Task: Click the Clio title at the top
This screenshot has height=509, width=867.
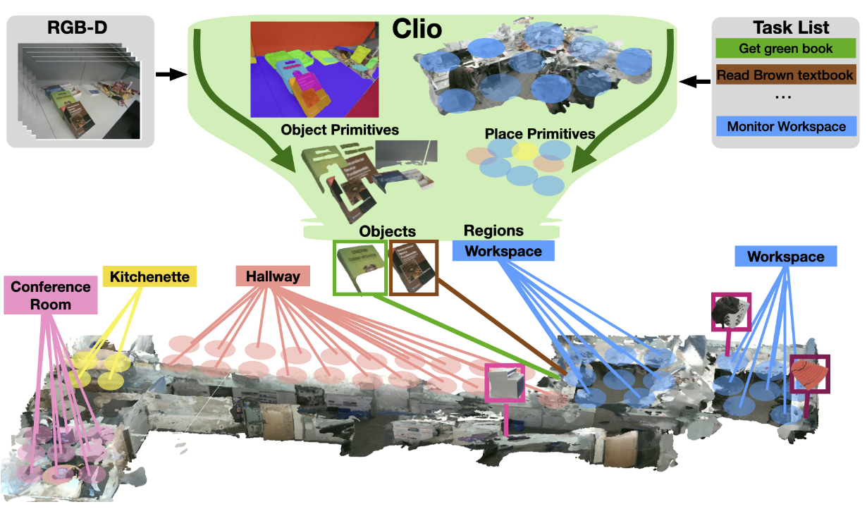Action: tap(417, 30)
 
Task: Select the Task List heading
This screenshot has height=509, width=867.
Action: tap(786, 27)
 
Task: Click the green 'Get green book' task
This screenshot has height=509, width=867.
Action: tap(786, 49)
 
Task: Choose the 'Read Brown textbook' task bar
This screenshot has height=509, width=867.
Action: tap(786, 74)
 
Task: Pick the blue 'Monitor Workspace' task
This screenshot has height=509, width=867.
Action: tap(786, 127)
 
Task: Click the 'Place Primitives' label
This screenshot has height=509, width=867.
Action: tap(540, 133)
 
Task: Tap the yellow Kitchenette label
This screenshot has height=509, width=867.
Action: tap(149, 277)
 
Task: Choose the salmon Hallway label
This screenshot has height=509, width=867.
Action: tap(273, 277)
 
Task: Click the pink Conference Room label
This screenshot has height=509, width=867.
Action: tap(51, 295)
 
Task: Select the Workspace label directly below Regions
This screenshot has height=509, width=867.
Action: tap(503, 251)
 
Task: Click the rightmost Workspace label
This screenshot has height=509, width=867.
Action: tap(785, 257)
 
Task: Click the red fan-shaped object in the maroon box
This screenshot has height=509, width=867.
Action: tap(808, 374)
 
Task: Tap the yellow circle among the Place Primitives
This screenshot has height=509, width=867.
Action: tap(524, 150)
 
